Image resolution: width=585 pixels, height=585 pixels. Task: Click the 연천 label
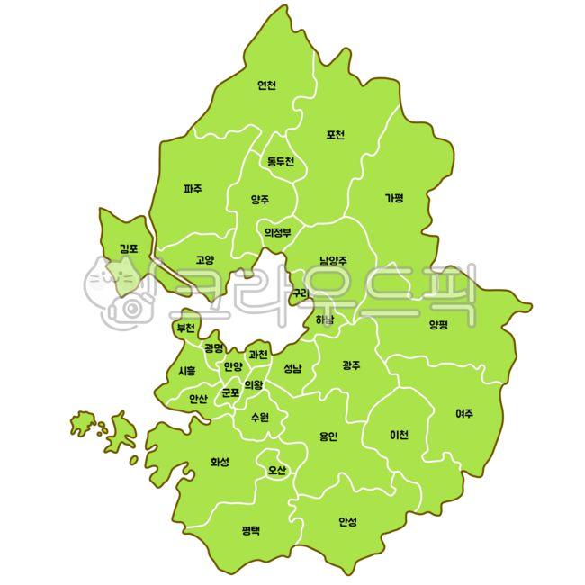pyautogui.click(x=266, y=85)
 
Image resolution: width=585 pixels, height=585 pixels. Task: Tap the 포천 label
pyautogui.click(x=336, y=135)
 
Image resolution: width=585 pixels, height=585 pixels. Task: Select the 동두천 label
pyautogui.click(x=280, y=162)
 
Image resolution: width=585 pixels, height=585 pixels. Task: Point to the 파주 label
pyautogui.click(x=193, y=189)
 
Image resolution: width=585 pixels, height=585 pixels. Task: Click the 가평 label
pyautogui.click(x=394, y=198)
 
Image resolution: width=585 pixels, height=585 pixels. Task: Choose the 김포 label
pyautogui.click(x=128, y=247)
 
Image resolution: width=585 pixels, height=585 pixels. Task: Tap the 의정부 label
pyautogui.click(x=278, y=231)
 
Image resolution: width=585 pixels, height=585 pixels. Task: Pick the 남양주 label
pyautogui.click(x=333, y=261)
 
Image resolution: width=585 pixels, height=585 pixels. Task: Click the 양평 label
pyautogui.click(x=438, y=324)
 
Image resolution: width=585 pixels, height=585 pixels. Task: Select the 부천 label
pyautogui.click(x=186, y=327)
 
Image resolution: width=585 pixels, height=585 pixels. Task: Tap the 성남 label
pyautogui.click(x=292, y=368)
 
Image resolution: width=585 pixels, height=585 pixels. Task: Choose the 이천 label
pyautogui.click(x=399, y=435)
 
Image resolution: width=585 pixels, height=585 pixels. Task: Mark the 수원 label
pyautogui.click(x=260, y=417)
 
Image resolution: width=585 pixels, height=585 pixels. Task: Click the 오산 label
pyautogui.click(x=276, y=470)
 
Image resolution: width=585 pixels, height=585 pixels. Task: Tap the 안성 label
pyautogui.click(x=347, y=521)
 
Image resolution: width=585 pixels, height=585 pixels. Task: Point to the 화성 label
pyautogui.click(x=220, y=462)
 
